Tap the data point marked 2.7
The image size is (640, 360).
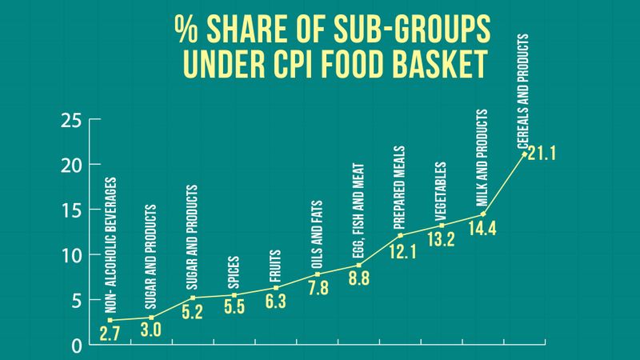pyautogui.click(x=110, y=320)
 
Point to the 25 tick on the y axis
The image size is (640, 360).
pyautogui.click(x=71, y=121)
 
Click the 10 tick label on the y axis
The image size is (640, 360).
pyautogui.click(x=71, y=255)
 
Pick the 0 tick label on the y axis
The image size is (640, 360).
pyautogui.click(x=77, y=346)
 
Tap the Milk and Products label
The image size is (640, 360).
pyautogui.click(x=482, y=158)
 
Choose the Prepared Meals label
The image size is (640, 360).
pyautogui.click(x=400, y=186)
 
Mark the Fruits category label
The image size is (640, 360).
pyautogui.click(x=275, y=262)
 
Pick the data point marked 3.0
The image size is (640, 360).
pyautogui.click(x=151, y=318)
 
